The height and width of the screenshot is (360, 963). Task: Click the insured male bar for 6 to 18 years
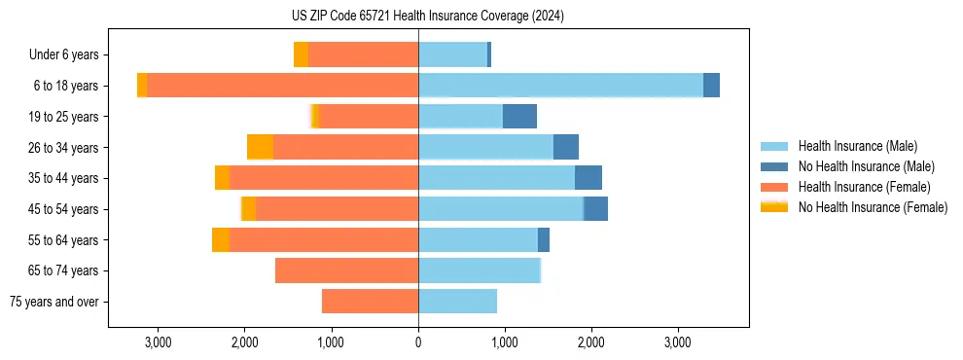tap(560, 86)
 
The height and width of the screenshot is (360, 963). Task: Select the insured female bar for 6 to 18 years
tap(282, 86)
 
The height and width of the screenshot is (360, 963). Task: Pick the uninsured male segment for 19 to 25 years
tap(519, 117)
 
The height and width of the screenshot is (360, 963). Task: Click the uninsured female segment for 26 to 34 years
tap(261, 147)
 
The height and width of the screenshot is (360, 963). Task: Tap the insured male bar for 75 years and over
tap(457, 302)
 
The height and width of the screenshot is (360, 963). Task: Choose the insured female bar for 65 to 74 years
tap(346, 270)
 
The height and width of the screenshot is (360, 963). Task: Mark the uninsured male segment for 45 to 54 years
tap(595, 209)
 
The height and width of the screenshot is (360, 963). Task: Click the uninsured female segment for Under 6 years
tap(301, 54)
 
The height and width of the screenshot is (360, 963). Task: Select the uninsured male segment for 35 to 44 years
tap(588, 178)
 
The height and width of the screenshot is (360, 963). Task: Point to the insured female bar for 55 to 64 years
tap(324, 240)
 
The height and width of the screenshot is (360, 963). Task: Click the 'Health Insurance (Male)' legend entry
tap(857, 146)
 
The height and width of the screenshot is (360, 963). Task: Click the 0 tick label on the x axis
tap(418, 342)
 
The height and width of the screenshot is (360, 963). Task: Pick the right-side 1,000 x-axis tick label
tap(505, 342)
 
